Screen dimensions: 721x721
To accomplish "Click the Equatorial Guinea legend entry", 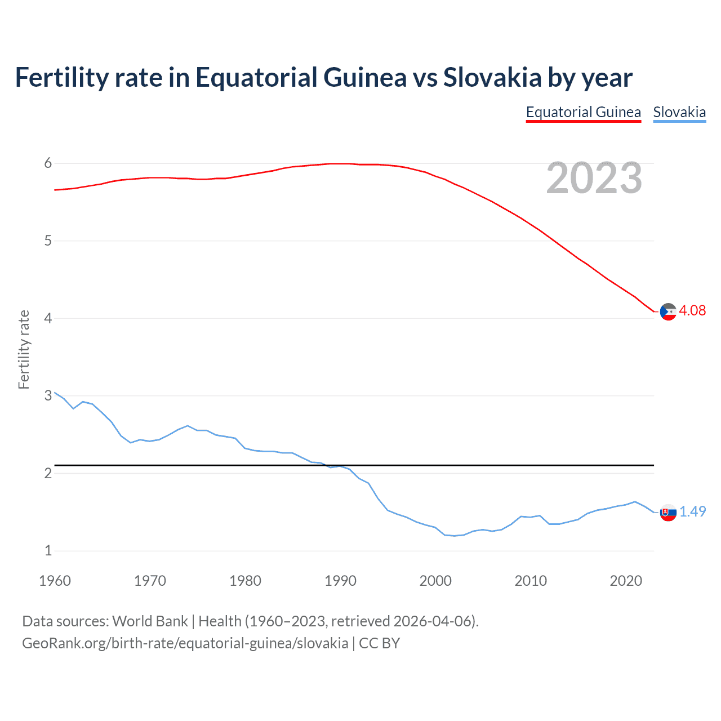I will [583, 112].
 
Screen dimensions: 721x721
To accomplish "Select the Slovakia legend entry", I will [679, 112].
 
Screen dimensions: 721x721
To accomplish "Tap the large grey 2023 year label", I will [594, 178].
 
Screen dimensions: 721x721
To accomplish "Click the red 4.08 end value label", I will [692, 310].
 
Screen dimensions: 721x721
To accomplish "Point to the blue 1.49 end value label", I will [692, 511].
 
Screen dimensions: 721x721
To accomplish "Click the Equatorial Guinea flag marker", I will [668, 311].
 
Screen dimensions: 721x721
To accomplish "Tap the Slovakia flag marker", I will [668, 513].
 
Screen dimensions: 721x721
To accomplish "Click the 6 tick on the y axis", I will [48, 163].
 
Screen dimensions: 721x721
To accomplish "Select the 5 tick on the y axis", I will [48, 241].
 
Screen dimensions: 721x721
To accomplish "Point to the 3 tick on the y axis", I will [48, 396].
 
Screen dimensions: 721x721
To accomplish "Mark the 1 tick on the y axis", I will [48, 551].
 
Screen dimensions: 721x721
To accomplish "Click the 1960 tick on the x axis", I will [55, 581].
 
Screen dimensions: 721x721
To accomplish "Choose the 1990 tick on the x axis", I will [340, 581].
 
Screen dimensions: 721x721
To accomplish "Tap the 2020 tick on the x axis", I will [626, 581].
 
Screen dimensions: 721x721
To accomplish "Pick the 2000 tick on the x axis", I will [435, 581].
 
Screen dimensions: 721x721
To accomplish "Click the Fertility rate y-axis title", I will [24, 349].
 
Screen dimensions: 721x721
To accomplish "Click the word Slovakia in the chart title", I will [492, 77].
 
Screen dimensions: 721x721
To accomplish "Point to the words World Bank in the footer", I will [150, 621].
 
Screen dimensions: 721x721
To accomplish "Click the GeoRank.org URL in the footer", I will [185, 643].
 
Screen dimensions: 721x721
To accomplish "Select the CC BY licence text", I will [379, 643].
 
